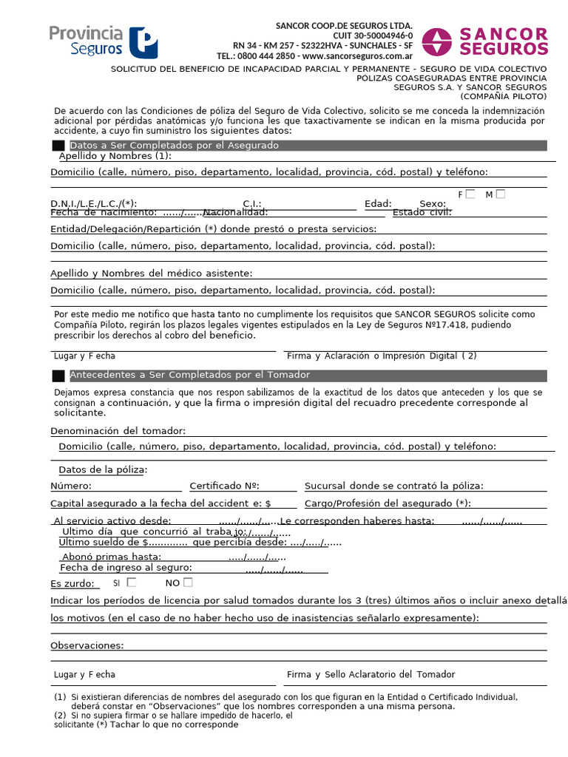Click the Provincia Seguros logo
tap(103, 41)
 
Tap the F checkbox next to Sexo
tap(470, 194)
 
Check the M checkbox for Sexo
tap(501, 194)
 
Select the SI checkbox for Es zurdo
tap(132, 583)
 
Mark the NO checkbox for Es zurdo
tap(188, 583)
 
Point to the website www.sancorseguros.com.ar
tap(357, 55)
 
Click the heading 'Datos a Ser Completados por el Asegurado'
tap(174, 146)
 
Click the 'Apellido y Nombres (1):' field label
tap(115, 156)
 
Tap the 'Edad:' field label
tap(378, 204)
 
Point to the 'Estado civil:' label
tap(422, 212)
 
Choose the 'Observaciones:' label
tap(87, 645)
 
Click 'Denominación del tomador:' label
tap(118, 431)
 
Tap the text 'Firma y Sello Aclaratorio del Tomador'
tap(371, 674)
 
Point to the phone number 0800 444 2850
tap(266, 55)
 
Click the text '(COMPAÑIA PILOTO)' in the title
tap(503, 96)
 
